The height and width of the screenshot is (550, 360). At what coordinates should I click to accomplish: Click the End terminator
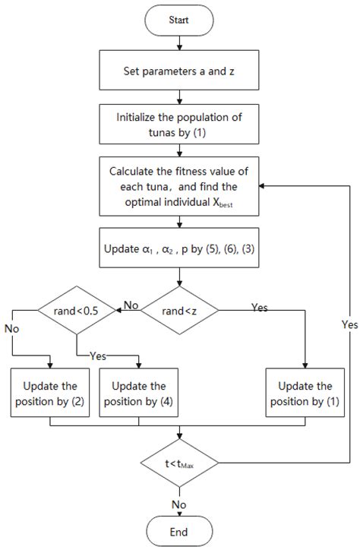click(179, 531)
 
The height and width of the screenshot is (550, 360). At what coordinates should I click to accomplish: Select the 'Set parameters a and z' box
click(179, 74)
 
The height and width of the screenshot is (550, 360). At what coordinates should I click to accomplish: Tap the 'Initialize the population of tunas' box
click(179, 125)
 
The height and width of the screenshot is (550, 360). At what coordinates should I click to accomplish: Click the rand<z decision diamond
click(179, 309)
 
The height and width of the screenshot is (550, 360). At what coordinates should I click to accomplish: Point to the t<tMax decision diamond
click(179, 463)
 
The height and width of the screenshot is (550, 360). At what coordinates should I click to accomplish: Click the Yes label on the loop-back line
click(349, 324)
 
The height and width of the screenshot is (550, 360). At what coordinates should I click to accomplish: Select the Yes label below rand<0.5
click(98, 355)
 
